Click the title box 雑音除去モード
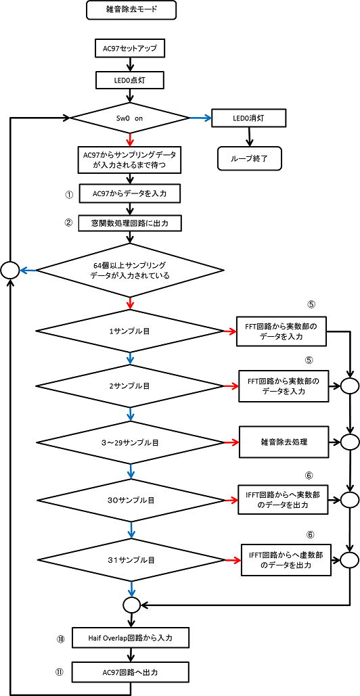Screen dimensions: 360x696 131,10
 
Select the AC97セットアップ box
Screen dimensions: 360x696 130,49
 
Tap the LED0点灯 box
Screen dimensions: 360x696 130,81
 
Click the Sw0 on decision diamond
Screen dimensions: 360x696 130,118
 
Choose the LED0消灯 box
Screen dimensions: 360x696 248,118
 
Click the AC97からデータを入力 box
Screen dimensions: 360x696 130,193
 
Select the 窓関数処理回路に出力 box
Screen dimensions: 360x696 130,224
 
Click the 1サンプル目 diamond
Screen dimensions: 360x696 130,331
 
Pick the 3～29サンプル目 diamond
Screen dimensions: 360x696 130,442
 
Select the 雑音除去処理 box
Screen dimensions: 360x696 284,442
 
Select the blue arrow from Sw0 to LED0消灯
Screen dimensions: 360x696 201,118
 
